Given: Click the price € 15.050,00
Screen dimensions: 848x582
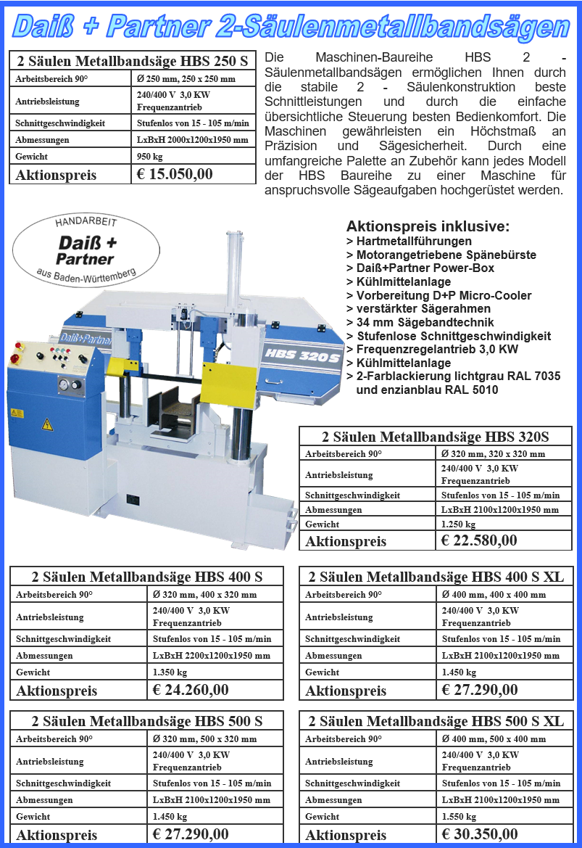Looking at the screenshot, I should coord(175,174).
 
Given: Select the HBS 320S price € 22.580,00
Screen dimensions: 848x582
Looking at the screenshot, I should coord(479,540).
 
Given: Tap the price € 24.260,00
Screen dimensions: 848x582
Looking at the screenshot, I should coord(191,690).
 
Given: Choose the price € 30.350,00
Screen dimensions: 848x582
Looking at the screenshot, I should coord(480,834).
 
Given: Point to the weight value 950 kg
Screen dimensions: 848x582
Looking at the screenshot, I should coord(150,156).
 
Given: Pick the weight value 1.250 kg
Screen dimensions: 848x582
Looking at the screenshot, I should coord(458,524).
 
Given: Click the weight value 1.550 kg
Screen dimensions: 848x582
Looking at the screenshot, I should coord(459,816).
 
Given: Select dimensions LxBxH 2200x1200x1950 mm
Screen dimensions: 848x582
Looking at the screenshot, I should coord(212,655).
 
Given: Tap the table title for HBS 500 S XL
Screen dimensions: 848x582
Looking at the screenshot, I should coord(436,721).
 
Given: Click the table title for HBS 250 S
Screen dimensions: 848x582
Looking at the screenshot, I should coord(132,59).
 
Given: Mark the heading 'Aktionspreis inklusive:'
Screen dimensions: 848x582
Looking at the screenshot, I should coord(428,226).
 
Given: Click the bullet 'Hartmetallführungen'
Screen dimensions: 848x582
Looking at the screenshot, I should coord(414,242).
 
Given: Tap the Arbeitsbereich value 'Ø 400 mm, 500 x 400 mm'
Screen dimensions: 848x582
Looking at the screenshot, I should coord(494,739).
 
